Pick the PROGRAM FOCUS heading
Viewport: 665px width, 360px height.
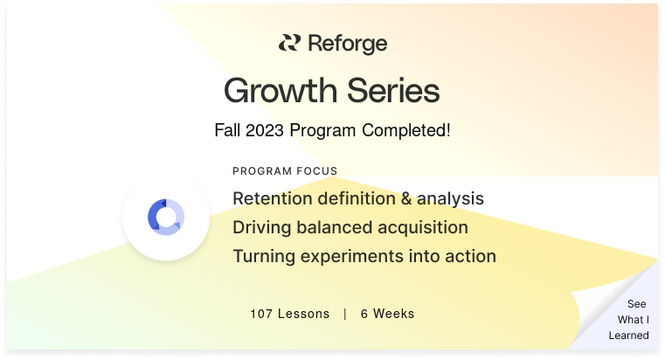click(x=285, y=171)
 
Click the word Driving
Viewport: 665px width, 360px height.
click(x=260, y=227)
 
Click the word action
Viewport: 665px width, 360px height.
click(x=470, y=256)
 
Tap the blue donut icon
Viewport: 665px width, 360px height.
click(x=166, y=217)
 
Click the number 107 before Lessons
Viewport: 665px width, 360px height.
click(x=261, y=314)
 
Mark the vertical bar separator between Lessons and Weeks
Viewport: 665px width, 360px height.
click(x=345, y=314)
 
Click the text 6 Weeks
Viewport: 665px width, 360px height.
click(x=387, y=314)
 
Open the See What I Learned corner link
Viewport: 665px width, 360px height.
click(x=630, y=319)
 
